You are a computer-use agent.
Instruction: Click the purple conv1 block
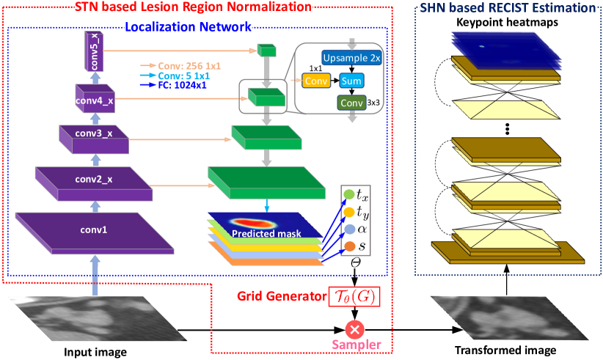[95, 233]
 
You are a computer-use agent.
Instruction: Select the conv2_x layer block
[94, 183]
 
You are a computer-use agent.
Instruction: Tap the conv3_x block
[94, 139]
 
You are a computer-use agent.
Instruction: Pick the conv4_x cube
[95, 98]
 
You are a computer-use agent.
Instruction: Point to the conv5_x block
[94, 51]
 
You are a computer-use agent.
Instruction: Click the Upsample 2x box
[351, 58]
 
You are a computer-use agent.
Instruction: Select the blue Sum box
[351, 81]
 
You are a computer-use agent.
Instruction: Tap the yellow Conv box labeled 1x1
[316, 81]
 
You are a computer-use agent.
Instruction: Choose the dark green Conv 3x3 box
[351, 103]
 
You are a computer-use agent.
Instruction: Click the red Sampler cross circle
[354, 330]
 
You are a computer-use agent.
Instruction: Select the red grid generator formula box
[354, 297]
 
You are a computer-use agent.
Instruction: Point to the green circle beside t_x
[348, 194]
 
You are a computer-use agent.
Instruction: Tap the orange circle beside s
[350, 246]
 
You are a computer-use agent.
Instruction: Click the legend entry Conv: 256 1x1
[180, 66]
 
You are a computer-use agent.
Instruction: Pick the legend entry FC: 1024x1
[173, 85]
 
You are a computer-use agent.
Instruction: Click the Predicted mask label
[266, 233]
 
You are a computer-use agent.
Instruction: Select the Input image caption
[95, 352]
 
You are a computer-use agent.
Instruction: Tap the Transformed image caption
[505, 350]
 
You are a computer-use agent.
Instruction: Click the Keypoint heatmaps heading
[507, 22]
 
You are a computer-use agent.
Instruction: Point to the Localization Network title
[188, 27]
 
